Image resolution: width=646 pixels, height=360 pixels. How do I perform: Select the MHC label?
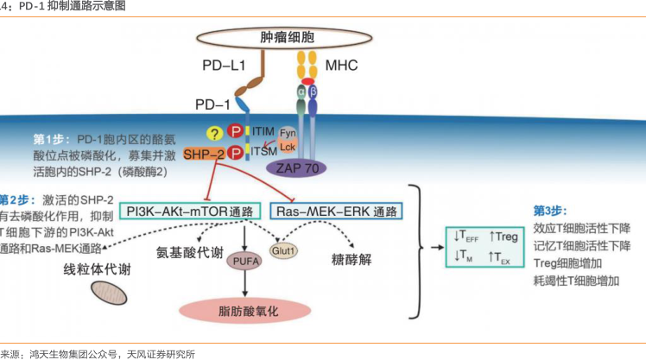click(x=341, y=66)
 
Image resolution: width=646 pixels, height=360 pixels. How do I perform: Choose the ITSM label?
click(x=263, y=150)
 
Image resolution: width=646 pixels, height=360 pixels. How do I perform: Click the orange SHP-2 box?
click(x=204, y=154)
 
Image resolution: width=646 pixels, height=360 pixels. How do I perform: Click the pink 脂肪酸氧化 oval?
click(x=246, y=308)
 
